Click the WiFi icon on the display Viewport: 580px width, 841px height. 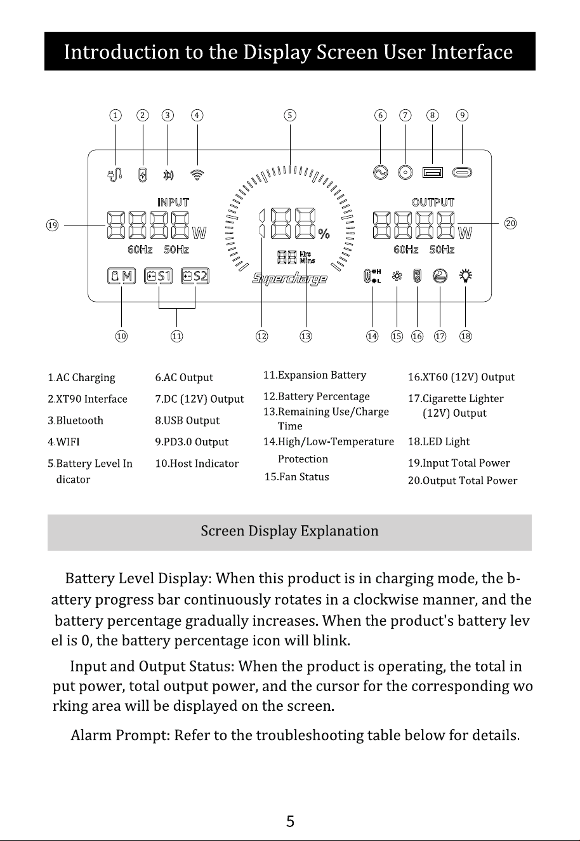tap(197, 175)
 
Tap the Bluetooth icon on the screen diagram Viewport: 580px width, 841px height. tap(168, 175)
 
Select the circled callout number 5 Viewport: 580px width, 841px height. tap(290, 115)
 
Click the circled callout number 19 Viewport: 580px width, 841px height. tap(52, 225)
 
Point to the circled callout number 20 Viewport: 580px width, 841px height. tap(511, 224)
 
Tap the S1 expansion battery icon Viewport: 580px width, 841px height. tap(158, 276)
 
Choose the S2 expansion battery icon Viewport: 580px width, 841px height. tap(195, 276)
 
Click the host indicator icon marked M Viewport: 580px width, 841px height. tap(122, 276)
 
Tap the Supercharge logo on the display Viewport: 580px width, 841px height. tap(289, 279)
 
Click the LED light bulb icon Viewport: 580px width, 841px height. tap(466, 276)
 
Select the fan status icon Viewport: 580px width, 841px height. tap(397, 276)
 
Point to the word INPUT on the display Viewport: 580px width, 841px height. tap(173, 203)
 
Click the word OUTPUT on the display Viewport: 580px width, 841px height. tap(433, 203)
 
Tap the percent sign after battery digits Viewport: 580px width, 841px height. tap(324, 234)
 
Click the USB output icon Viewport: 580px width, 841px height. tap(433, 172)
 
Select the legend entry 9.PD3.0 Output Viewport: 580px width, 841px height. tap(192, 442)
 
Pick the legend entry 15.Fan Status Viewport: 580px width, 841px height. tap(297, 477)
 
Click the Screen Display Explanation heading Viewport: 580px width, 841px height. tap(289, 531)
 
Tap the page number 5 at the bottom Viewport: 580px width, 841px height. tap(291, 821)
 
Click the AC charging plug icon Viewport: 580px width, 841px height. tap(115, 175)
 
